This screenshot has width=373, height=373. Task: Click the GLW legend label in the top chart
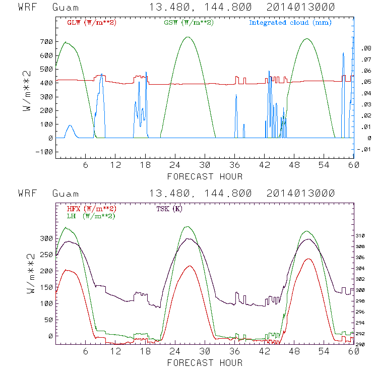(86, 23)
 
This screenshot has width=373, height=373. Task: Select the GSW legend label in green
(182, 23)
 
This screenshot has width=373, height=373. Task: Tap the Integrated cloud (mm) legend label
(290, 23)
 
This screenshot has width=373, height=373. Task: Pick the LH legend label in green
(91, 216)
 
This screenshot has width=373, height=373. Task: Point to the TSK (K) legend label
(169, 209)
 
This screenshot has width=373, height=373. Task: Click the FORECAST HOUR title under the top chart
(204, 176)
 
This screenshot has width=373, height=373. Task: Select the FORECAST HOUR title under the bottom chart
(204, 362)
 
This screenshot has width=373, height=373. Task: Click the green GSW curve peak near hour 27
(188, 37)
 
